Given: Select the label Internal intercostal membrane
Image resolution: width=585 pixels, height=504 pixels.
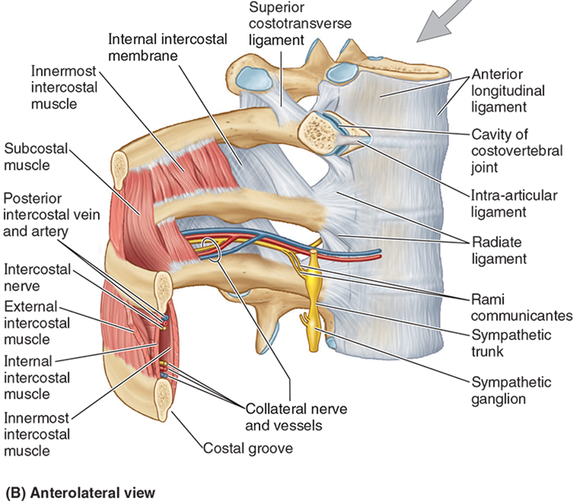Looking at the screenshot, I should pos(168,48).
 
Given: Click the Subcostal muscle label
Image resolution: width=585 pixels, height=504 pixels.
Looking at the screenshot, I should pos(36,157).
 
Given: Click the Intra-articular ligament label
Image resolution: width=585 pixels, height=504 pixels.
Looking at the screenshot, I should pos(514,203).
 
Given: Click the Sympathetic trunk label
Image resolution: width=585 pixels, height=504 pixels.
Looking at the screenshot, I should pos(511,343).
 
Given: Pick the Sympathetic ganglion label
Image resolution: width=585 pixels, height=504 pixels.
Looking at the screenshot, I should pos(511,390).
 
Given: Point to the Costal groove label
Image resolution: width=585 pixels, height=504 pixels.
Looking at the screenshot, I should pos(248,448).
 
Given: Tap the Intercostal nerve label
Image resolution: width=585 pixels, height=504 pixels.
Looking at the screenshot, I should pos(37,278).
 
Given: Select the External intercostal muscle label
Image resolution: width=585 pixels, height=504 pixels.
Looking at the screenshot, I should pos(37,323).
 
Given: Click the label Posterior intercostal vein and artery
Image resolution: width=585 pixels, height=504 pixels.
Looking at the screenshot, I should pos(51,214).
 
